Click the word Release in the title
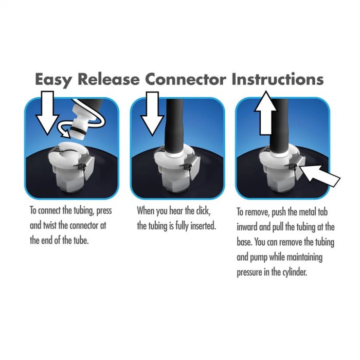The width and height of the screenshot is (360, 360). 109,79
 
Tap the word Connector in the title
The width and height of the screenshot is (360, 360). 186,79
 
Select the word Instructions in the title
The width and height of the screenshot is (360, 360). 278,79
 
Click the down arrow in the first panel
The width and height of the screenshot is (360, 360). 47,113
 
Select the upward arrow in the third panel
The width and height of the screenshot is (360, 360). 266,113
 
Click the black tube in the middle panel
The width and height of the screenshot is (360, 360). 174,126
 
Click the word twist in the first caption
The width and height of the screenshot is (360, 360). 50,225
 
